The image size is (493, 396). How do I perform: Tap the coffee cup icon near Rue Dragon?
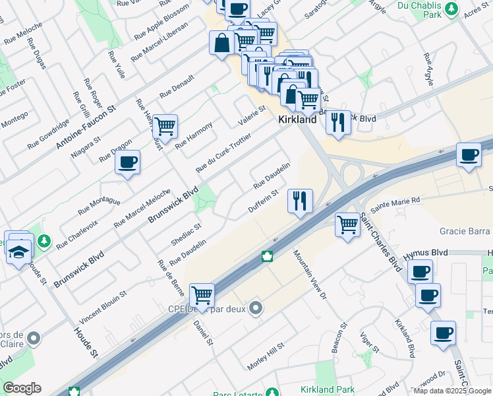click(127, 162)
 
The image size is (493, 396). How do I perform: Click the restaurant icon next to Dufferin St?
click(300, 200)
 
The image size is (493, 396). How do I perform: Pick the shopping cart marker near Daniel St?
click(202, 294)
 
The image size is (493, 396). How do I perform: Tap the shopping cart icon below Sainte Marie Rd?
click(347, 224)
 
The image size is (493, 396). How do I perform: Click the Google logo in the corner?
click(22, 388)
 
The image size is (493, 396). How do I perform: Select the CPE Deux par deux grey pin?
click(256, 308)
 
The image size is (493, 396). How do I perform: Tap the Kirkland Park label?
click(328, 390)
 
